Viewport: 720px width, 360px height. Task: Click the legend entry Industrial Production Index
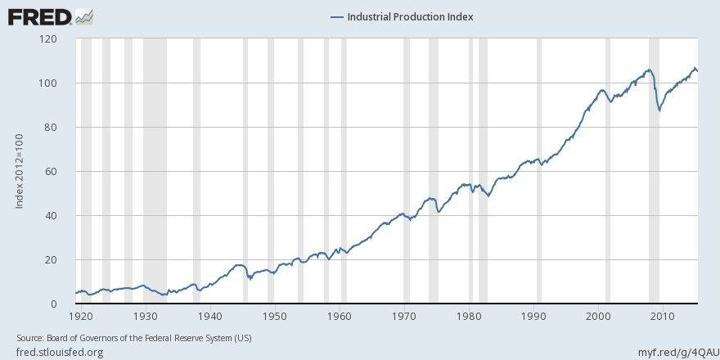click(x=401, y=16)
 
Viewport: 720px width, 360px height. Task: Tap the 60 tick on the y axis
click(x=49, y=172)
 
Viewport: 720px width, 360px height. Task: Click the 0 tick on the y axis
click(x=52, y=304)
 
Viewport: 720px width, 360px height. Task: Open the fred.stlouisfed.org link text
click(x=60, y=352)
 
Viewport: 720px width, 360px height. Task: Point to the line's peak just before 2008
click(x=648, y=70)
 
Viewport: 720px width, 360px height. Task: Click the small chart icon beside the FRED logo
click(x=83, y=16)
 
